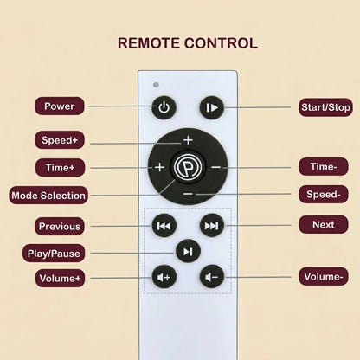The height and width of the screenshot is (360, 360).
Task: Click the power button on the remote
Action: click(164, 107)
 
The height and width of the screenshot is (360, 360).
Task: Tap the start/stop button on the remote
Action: click(212, 107)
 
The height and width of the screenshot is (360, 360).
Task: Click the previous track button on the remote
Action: click(164, 226)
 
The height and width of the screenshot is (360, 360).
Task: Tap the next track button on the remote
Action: click(212, 226)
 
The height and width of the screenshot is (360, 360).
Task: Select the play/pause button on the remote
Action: click(188, 251)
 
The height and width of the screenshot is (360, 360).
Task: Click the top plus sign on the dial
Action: click(188, 140)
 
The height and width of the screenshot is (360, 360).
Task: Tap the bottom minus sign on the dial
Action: click(188, 194)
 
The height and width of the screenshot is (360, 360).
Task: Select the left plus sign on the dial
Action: click(159, 167)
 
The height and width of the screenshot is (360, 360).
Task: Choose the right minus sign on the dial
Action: click(215, 167)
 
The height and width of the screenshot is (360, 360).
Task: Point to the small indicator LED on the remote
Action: click(156, 85)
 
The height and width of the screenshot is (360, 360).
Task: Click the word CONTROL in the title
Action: click(221, 43)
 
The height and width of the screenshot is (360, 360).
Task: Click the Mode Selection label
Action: click(48, 196)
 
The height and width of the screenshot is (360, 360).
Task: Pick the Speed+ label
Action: click(60, 140)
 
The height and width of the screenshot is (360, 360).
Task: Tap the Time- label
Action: click(324, 166)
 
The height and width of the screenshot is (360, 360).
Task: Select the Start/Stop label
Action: click(325, 107)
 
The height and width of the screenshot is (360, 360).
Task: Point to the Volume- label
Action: click(324, 277)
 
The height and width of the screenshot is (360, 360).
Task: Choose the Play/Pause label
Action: click(54, 254)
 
